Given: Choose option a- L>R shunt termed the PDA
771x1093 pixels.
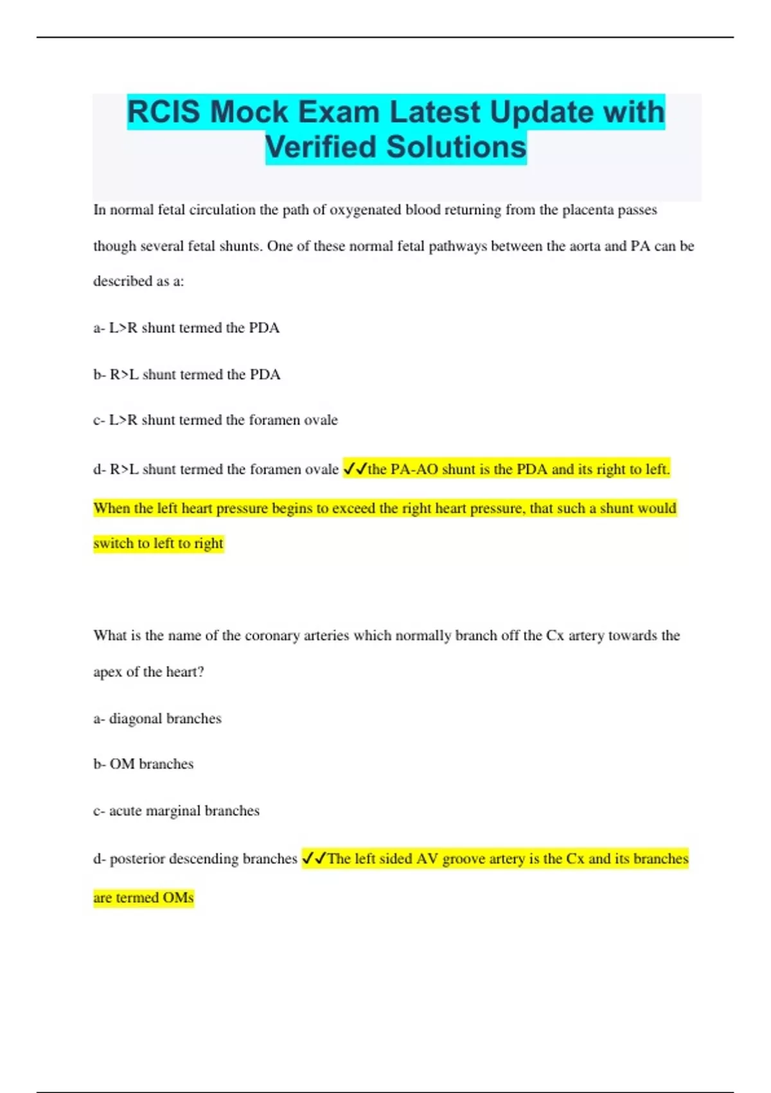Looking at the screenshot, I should tap(186, 328).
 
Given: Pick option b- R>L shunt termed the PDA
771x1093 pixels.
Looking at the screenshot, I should tap(186, 374).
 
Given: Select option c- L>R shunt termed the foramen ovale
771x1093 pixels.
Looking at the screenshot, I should tap(215, 420).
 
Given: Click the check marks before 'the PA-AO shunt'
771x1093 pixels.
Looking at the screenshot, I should tap(355, 469).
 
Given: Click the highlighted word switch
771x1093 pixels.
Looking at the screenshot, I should tap(113, 543).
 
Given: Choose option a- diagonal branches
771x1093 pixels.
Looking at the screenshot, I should tap(157, 718).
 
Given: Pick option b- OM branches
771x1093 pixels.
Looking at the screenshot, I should tap(143, 764).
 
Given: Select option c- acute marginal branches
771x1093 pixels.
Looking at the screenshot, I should tap(176, 811).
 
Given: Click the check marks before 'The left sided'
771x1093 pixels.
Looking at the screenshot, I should tap(314, 858).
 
